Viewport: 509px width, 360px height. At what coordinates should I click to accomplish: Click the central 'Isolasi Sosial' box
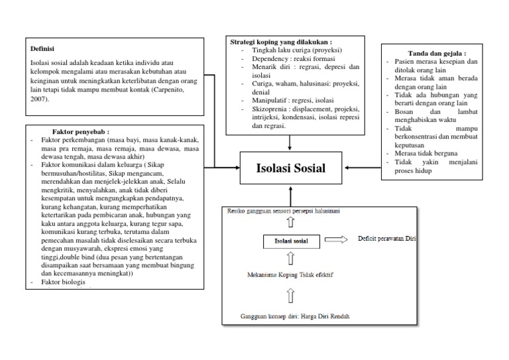point(290,168)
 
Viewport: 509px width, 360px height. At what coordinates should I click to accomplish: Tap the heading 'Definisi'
point(42,48)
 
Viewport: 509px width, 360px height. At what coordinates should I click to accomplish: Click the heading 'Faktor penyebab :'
point(80,132)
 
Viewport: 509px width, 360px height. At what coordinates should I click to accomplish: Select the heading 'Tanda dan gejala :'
point(436,53)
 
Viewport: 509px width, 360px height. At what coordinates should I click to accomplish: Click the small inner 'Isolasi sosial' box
point(291,240)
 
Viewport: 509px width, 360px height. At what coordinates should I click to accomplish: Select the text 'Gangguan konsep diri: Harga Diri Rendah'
point(295,316)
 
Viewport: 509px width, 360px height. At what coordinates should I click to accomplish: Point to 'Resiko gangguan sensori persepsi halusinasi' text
point(284,211)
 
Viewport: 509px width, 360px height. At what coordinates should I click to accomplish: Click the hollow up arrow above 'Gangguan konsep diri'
point(290,296)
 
